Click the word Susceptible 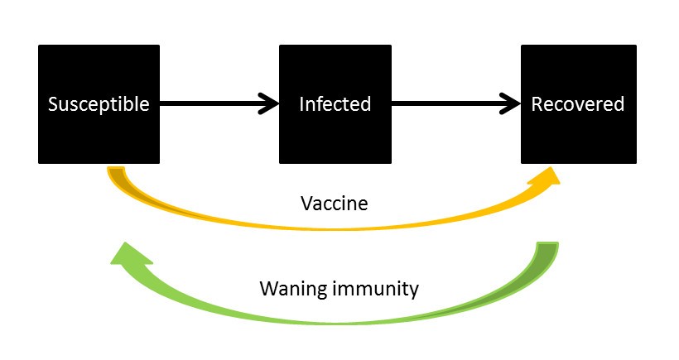(99, 105)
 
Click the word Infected (335, 105)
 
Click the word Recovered (578, 105)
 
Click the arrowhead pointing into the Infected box (270, 104)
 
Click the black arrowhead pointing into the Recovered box (512, 104)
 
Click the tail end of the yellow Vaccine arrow (118, 175)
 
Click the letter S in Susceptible (52, 105)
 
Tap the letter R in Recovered (537, 105)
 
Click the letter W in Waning (267, 289)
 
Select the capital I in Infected (301, 105)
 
